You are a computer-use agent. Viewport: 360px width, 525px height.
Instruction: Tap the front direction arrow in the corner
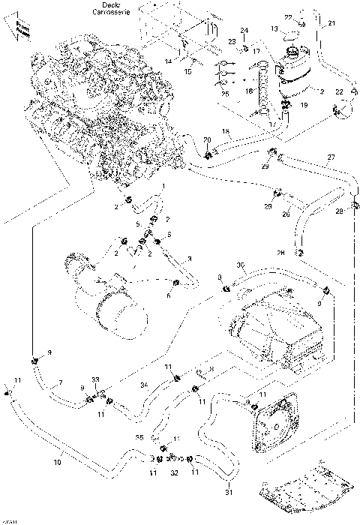tap(16, 30)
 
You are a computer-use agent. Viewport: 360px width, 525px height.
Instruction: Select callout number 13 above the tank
tap(274, 28)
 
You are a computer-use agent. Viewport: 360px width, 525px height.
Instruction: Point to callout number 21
tap(332, 25)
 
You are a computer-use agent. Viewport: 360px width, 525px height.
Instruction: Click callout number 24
tap(244, 31)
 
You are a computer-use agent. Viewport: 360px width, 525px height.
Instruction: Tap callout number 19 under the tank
tap(304, 106)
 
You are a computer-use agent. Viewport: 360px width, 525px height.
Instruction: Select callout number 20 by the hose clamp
tap(208, 140)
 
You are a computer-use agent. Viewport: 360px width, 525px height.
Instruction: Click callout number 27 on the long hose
tap(330, 157)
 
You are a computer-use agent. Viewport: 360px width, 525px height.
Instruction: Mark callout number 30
tap(240, 265)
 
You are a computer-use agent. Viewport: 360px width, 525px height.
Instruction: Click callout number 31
tap(230, 493)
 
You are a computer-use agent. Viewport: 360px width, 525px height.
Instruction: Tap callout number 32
tap(174, 474)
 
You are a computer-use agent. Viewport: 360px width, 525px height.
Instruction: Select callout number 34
tap(143, 384)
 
